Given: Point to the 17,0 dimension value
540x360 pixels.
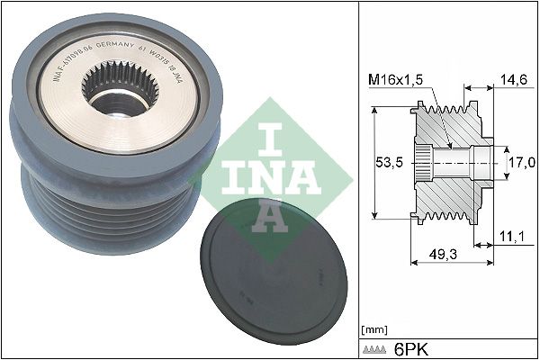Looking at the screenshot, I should (524, 161).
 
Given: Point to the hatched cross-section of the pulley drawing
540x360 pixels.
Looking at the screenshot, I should (450, 180).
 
